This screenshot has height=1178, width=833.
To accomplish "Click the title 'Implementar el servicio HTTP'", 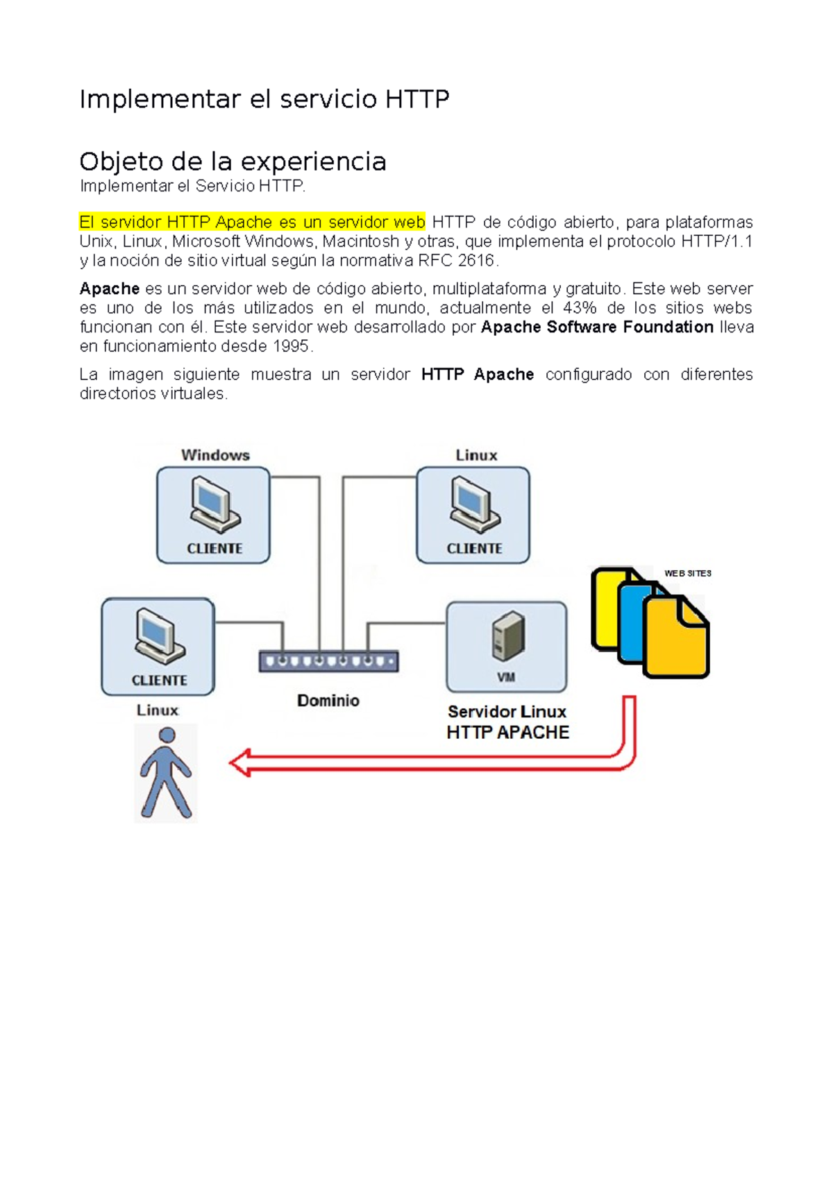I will tap(264, 99).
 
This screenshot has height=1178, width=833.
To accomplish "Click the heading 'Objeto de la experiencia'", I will tap(233, 162).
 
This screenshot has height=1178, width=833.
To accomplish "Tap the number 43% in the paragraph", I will tap(580, 308).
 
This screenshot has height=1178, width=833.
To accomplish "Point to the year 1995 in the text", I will tap(292, 346).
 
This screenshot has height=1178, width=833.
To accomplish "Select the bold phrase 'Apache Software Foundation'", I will tap(597, 327).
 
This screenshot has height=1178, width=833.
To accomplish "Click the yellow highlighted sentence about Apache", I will tap(252, 223).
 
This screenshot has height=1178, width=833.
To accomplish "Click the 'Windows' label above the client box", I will tap(215, 455).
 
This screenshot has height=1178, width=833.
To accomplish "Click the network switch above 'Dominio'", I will tap(328, 661).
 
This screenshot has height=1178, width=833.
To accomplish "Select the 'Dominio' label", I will tap(328, 701).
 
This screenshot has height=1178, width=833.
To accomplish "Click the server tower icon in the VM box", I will tap(508, 635).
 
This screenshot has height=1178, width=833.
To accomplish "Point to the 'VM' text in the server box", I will tap(506, 677).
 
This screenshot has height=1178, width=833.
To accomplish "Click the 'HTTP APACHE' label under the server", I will tap(507, 733).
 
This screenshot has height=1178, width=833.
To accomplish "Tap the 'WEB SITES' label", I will tap(687, 573).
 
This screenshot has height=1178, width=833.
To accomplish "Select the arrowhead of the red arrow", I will tap(240, 762).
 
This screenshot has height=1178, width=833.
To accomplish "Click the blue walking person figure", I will tap(166, 772).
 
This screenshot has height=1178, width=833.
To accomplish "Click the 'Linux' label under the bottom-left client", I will tap(157, 710).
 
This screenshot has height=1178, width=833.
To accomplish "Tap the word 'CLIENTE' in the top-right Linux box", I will tap(474, 549).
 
